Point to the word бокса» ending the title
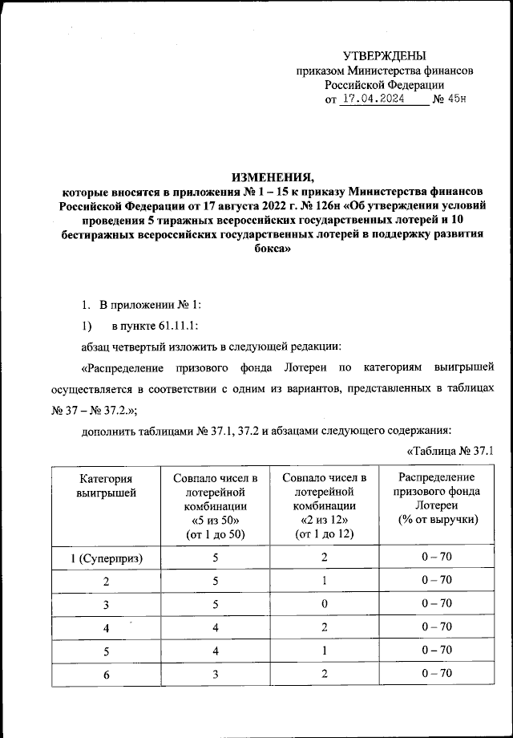coord(272,249)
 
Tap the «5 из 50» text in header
coord(216,520)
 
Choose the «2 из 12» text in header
coord(325,520)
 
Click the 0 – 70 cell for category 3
coord(438,603)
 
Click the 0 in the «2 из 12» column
coord(325,603)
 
